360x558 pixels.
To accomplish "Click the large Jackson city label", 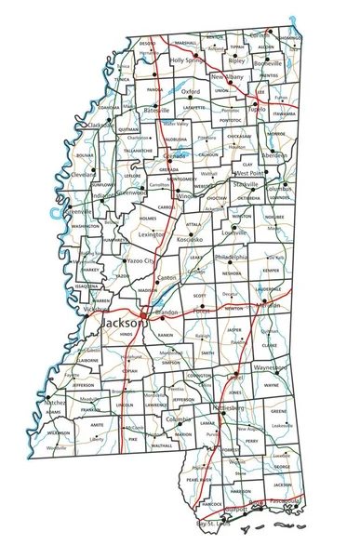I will point(122,322).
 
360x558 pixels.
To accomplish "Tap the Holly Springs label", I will point(187,60).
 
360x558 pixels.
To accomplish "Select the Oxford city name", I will point(191,92).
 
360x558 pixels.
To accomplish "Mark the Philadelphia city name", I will point(232,256).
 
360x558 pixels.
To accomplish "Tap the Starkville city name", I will point(247,184).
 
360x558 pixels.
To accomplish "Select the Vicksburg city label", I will point(97,308).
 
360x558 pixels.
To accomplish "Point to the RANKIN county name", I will point(167,334).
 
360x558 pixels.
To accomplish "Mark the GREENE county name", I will point(278,409).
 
